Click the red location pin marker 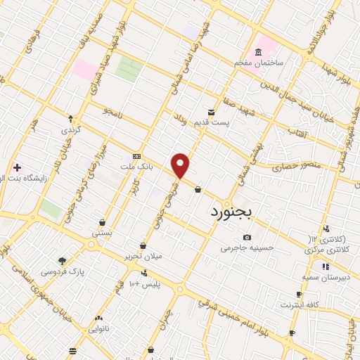tap(181, 165)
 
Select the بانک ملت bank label tap(136, 167)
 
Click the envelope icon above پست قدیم tap(211, 112)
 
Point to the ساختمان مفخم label tap(259, 63)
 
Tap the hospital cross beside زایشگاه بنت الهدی tap(17, 168)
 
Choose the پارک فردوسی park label tap(62, 271)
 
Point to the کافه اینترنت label tap(300, 304)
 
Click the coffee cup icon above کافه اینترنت tap(300, 295)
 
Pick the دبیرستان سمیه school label tap(326, 276)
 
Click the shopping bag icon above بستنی tap(102, 222)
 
